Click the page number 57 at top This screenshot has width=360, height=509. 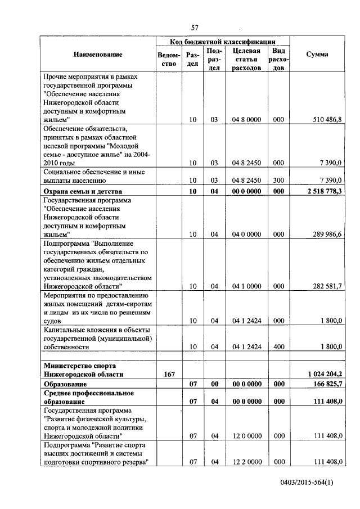[x=195, y=28]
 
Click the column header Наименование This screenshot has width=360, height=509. [x=97, y=55]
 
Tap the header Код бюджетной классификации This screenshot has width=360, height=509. [x=223, y=42]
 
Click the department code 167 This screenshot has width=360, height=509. [x=169, y=373]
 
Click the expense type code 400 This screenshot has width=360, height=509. [x=278, y=347]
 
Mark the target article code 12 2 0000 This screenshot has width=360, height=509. [x=246, y=462]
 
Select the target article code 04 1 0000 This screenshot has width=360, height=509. [x=246, y=286]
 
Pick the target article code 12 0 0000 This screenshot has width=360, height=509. [x=246, y=435]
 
